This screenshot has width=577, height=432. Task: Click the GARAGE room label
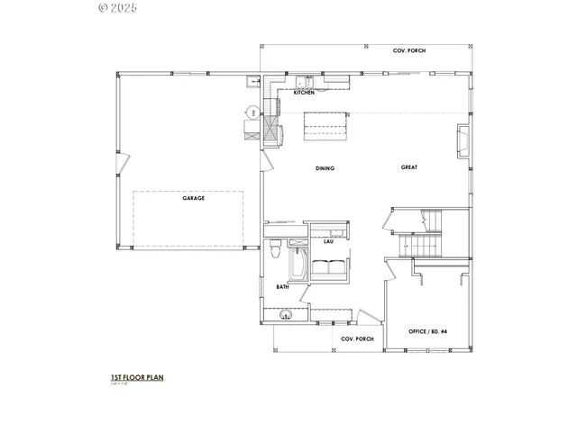[193, 198]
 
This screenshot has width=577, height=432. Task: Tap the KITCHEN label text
[304, 93]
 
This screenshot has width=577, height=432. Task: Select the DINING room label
[325, 168]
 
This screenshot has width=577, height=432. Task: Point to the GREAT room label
[410, 168]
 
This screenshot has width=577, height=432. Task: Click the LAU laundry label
[329, 241]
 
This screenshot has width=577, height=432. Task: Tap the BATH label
[282, 287]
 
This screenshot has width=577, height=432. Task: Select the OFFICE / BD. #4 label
[428, 331]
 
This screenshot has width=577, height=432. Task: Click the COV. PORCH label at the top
[408, 50]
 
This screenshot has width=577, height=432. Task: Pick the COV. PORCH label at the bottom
[357, 339]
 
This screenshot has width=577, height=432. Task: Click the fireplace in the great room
[463, 139]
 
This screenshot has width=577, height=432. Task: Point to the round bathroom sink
[286, 315]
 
